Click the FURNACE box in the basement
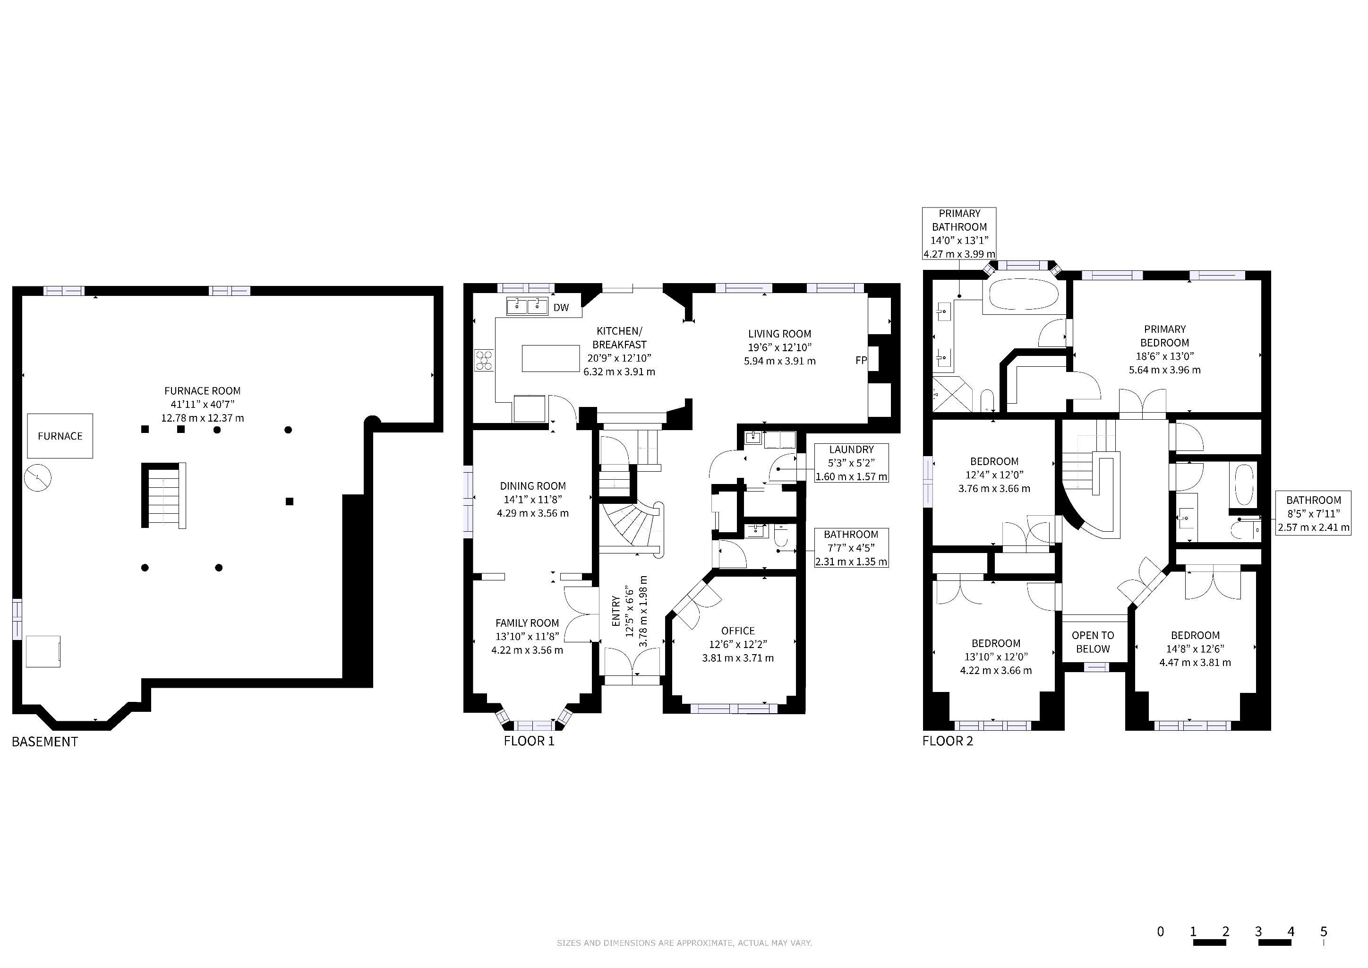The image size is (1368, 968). [60, 436]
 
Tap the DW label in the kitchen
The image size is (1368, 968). [561, 308]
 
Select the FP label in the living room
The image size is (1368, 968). [861, 360]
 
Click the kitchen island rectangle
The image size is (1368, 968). [550, 358]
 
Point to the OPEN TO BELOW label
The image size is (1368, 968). [1093, 642]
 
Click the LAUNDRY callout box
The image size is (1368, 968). [851, 463]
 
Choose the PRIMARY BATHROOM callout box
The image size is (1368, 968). [959, 233]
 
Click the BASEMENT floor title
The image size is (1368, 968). [45, 742]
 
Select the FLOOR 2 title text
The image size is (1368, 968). [948, 741]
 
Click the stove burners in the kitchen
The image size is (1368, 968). [484, 360]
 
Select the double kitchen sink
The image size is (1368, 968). [527, 306]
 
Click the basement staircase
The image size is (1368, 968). [164, 495]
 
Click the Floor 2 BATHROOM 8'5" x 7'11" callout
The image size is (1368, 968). [1313, 513]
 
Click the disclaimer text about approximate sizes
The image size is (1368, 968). [684, 943]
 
